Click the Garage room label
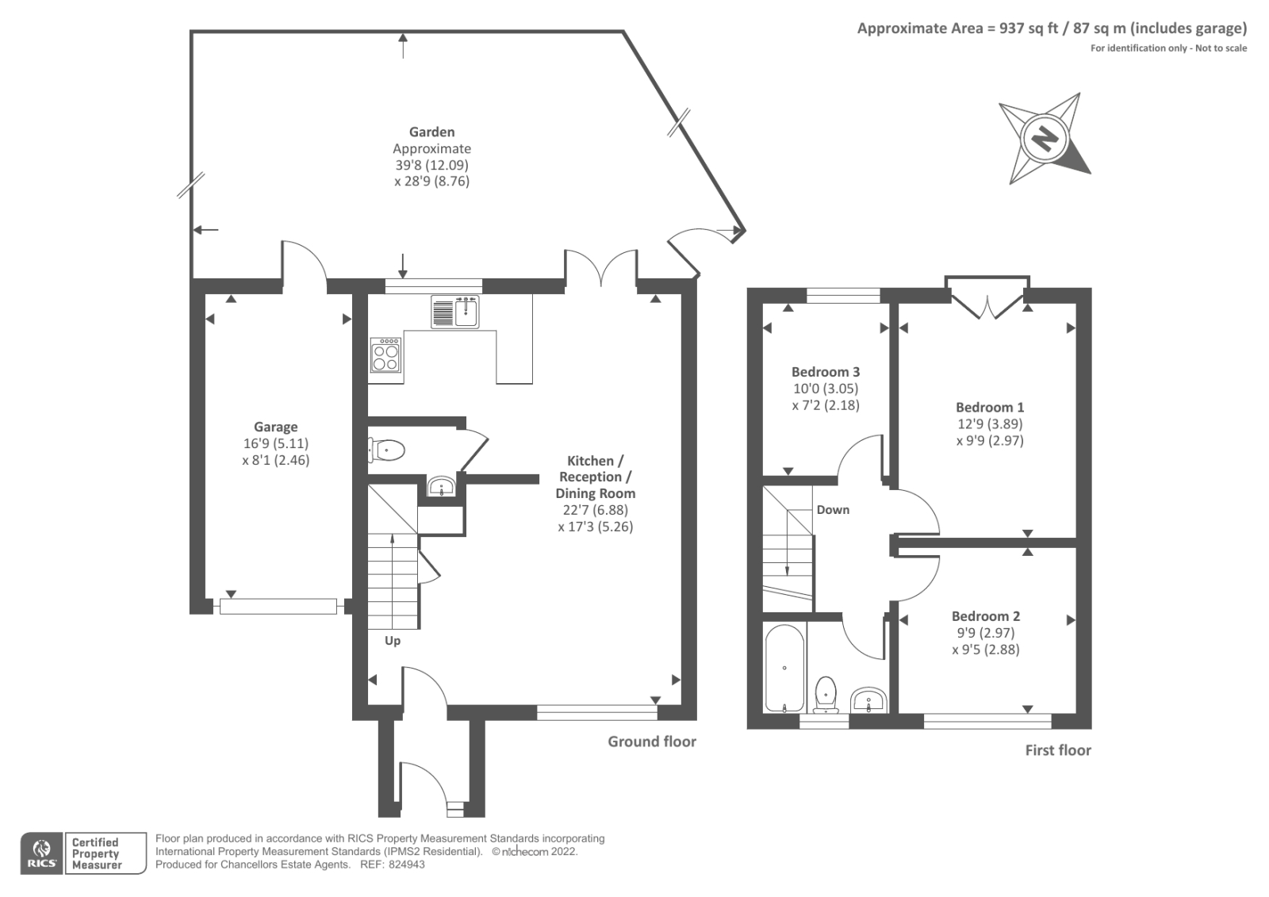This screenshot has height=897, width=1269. point(275,427)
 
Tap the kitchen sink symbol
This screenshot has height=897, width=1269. point(455,312)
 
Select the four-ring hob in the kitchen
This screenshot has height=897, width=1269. point(386,355)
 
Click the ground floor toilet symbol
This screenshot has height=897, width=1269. point(387,450)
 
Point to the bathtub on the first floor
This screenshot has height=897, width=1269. point(784,668)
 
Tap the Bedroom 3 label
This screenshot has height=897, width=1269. point(825,372)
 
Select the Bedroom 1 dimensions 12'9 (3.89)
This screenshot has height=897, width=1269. point(990,424)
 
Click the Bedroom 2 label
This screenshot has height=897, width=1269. point(986,616)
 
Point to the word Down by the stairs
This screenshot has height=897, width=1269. point(833,510)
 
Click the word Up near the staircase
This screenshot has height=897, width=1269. point(393,641)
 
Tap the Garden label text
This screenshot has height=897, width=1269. point(431,132)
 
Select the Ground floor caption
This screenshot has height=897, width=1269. point(652,742)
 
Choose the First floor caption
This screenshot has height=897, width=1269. point(1058,750)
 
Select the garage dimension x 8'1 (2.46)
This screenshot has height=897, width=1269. point(275,460)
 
